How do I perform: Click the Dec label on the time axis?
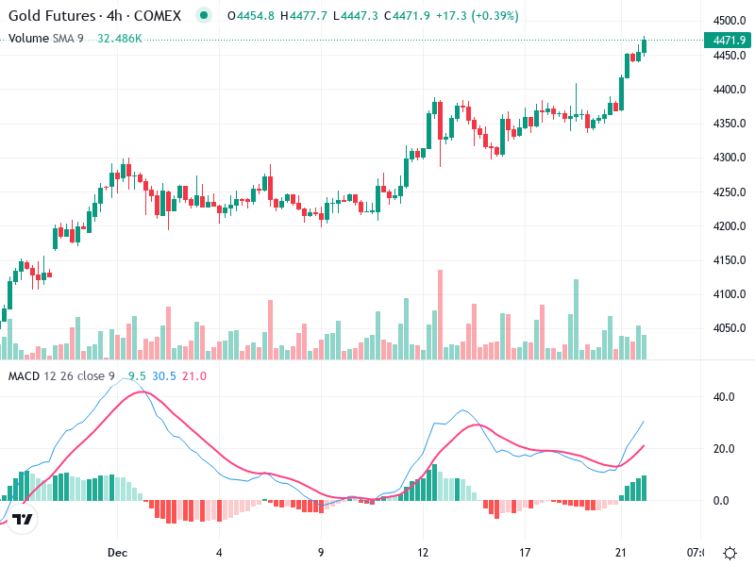(117, 552)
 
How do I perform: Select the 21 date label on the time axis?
(620, 552)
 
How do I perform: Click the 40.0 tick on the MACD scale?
(724, 397)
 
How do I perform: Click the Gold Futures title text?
(51, 16)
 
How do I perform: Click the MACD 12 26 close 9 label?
(61, 376)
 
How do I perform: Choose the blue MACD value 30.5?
(165, 376)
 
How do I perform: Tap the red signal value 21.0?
(194, 376)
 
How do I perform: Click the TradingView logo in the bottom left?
(24, 519)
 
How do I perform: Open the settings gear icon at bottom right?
(730, 552)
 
